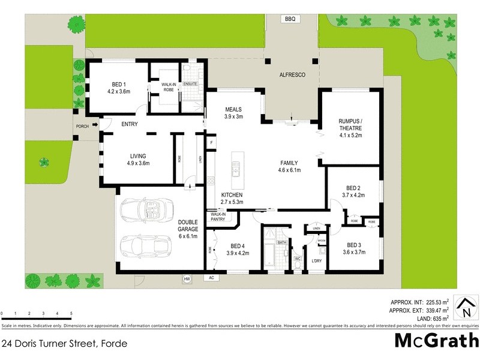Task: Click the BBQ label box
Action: [290, 19]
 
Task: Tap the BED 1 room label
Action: [118, 88]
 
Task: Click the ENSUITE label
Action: [191, 83]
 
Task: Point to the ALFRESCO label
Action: [293, 75]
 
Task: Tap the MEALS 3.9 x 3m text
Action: [233, 113]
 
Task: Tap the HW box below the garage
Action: [187, 278]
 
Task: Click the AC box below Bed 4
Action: [211, 278]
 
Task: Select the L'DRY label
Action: [316, 260]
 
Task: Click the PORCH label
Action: [82, 127]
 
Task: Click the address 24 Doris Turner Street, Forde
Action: [64, 343]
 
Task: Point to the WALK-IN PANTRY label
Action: [218, 217]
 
